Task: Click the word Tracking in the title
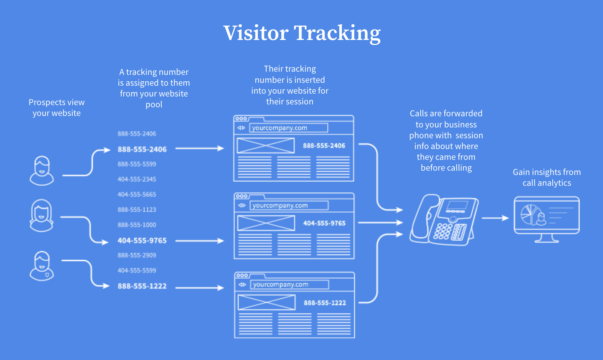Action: pos(337,33)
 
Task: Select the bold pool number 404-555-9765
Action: pos(142,240)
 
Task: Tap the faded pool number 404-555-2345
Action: pos(137,179)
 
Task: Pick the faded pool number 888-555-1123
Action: pos(137,210)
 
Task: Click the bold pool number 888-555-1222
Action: pos(142,286)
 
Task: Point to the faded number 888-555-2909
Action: pos(137,255)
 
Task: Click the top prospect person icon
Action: pos(42,171)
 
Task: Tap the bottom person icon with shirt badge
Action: pos(42,266)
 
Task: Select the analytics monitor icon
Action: pos(547,219)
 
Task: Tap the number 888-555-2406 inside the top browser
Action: pos(324,146)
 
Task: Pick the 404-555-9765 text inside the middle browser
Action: pos(324,223)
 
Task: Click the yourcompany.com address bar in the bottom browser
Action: pos(289,284)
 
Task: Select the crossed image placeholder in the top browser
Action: pos(266,146)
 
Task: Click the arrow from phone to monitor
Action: pos(495,218)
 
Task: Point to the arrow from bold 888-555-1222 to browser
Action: pos(199,288)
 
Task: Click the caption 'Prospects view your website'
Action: pos(56,108)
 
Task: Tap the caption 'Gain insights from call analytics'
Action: pos(547,177)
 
